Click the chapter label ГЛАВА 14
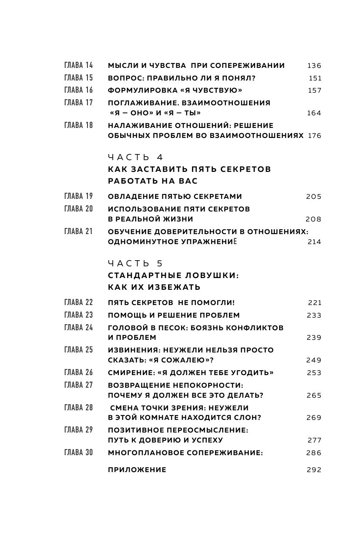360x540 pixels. (x=78, y=66)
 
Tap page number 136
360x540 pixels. (x=314, y=66)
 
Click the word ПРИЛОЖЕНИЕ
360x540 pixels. (x=137, y=470)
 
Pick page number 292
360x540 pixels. (x=314, y=470)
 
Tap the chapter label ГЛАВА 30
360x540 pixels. (x=78, y=453)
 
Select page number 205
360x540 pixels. (x=313, y=197)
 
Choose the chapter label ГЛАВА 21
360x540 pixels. (x=78, y=231)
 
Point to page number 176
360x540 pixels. (x=314, y=136)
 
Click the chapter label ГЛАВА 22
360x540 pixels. (x=78, y=302)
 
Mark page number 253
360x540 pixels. (x=313, y=373)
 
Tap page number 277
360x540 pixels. (x=314, y=440)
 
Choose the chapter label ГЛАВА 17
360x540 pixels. (x=78, y=103)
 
